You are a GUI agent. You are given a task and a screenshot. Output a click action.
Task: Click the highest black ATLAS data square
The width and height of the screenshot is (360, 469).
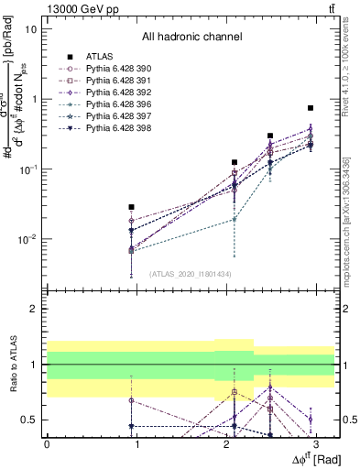pyautogui.click(x=311, y=108)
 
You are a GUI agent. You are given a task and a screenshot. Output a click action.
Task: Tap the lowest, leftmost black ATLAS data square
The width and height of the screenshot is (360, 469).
pyautogui.click(x=132, y=207)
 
